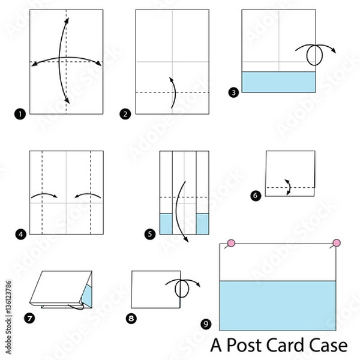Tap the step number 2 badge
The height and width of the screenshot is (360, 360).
[x=126, y=112]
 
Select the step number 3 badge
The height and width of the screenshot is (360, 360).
[x=233, y=92]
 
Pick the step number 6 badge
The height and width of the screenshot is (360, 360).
[x=256, y=195]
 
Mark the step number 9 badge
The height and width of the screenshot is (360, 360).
[x=206, y=325]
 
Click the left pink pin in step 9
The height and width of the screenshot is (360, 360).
[x=230, y=244]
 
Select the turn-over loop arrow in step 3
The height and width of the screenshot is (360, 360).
[x=314, y=54]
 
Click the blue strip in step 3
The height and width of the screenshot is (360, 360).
[x=278, y=82]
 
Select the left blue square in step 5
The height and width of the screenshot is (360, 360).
[x=166, y=223]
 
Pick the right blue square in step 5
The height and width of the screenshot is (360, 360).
[x=202, y=223]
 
